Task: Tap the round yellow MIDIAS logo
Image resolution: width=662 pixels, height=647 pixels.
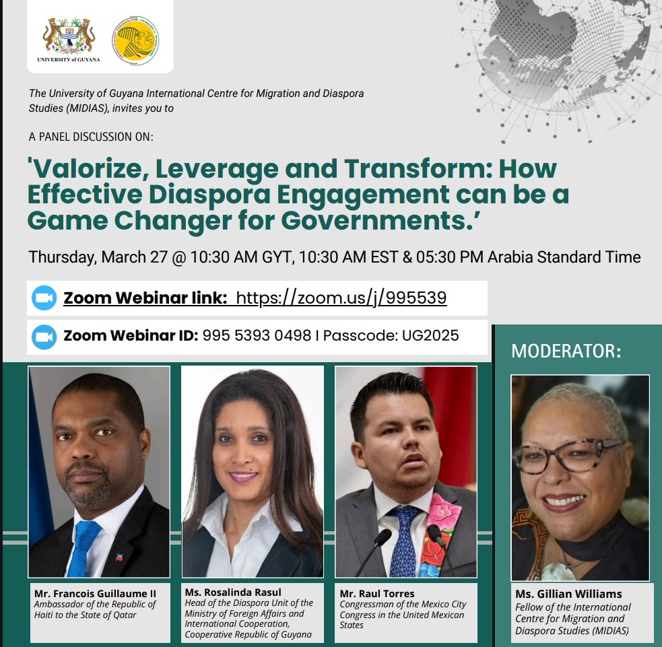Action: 135,36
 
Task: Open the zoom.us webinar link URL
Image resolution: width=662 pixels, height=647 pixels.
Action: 341,298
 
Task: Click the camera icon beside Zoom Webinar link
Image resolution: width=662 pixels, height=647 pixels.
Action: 44,298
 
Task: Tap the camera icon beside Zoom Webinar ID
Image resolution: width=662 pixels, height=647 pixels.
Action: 44,335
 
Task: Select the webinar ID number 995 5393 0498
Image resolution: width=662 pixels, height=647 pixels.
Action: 257,335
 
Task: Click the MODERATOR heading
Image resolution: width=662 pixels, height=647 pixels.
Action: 566,351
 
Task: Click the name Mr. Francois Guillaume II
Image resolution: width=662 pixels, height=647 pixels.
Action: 95,593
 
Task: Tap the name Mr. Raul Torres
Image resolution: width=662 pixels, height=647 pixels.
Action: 377,593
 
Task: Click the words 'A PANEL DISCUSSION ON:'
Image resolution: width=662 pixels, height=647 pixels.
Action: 91,137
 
